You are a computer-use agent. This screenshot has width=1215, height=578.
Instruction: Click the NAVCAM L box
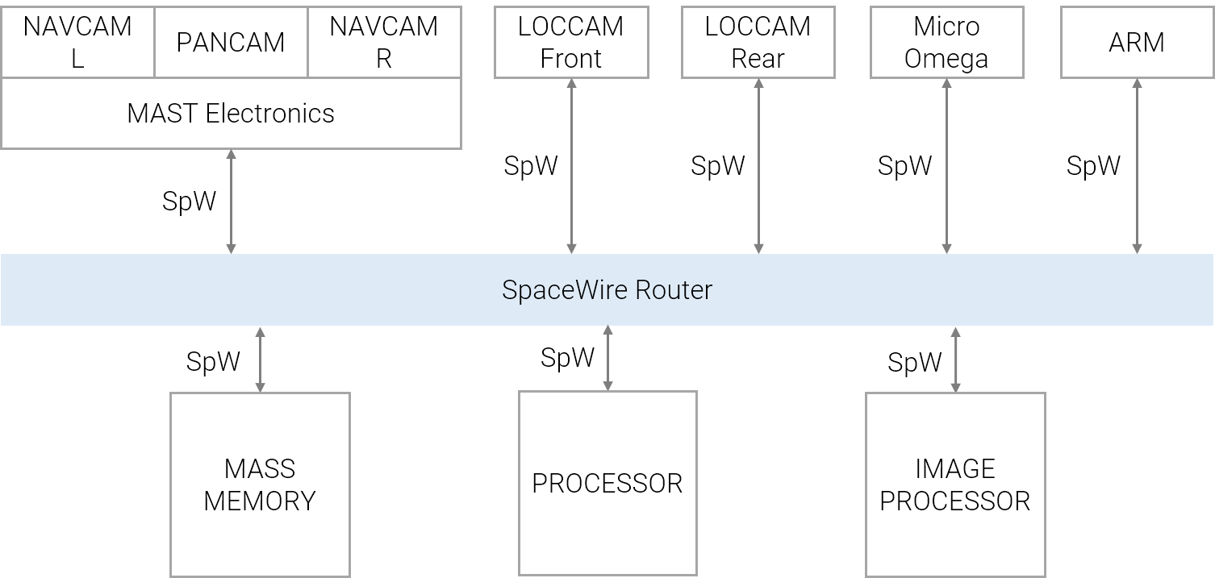pyautogui.click(x=77, y=42)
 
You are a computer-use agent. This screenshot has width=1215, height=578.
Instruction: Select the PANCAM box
pyautogui.click(x=231, y=42)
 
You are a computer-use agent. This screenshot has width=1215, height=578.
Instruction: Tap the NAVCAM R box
pyautogui.click(x=384, y=42)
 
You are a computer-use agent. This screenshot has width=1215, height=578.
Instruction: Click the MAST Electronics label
pyautogui.click(x=231, y=114)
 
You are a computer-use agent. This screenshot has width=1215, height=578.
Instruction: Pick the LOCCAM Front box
pyautogui.click(x=571, y=42)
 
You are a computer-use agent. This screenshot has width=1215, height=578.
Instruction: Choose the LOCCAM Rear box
pyautogui.click(x=758, y=42)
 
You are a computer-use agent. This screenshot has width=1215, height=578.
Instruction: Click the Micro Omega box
pyautogui.click(x=946, y=42)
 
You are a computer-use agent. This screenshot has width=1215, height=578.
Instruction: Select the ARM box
pyautogui.click(x=1137, y=42)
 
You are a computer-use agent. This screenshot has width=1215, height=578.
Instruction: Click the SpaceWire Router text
pyautogui.click(x=607, y=289)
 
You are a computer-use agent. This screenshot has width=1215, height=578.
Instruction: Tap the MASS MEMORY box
pyautogui.click(x=260, y=484)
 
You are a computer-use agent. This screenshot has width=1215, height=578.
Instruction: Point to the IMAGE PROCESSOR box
pyautogui.click(x=955, y=484)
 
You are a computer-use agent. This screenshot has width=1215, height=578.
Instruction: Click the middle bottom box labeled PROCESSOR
pyautogui.click(x=607, y=484)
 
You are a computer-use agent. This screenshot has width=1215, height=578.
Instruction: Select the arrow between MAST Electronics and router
pyautogui.click(x=232, y=202)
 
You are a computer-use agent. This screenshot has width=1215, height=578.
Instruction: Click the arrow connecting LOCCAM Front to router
pyautogui.click(x=571, y=166)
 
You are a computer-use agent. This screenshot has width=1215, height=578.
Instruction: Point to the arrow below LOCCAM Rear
pyautogui.click(x=758, y=166)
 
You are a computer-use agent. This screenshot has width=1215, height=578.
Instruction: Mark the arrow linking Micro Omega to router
pyautogui.click(x=946, y=166)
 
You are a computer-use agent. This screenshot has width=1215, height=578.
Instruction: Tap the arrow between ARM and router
pyautogui.click(x=1138, y=166)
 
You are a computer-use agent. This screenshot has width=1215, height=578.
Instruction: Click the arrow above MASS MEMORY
pyautogui.click(x=260, y=359)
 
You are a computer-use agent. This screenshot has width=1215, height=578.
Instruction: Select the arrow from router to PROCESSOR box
pyautogui.click(x=607, y=358)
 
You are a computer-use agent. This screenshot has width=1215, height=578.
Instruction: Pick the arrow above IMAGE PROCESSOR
pyautogui.click(x=956, y=359)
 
